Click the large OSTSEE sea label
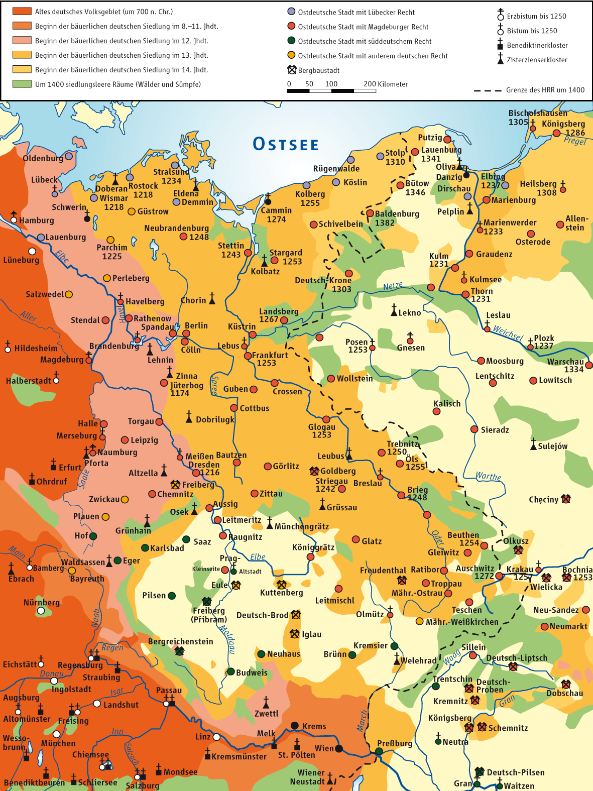coord(286,144)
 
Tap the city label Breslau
coord(368,483)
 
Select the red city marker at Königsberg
coord(556,133)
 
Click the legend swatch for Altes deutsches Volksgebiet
coord(22,12)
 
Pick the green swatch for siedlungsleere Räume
coord(22,84)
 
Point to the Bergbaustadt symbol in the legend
coord(292,70)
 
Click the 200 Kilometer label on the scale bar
coord(386,84)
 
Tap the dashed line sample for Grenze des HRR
coord(487,90)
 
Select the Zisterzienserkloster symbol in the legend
coord(500,59)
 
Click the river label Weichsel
coord(508,333)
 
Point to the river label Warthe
coord(488,476)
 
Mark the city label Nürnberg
coord(42,602)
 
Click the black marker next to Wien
coord(339,748)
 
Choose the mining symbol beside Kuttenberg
coord(281,584)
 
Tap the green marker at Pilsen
coord(172,596)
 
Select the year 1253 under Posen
coord(358,350)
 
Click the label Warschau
coord(565,362)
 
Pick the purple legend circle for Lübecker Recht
coord(291,12)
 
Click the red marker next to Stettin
coord(248,253)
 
